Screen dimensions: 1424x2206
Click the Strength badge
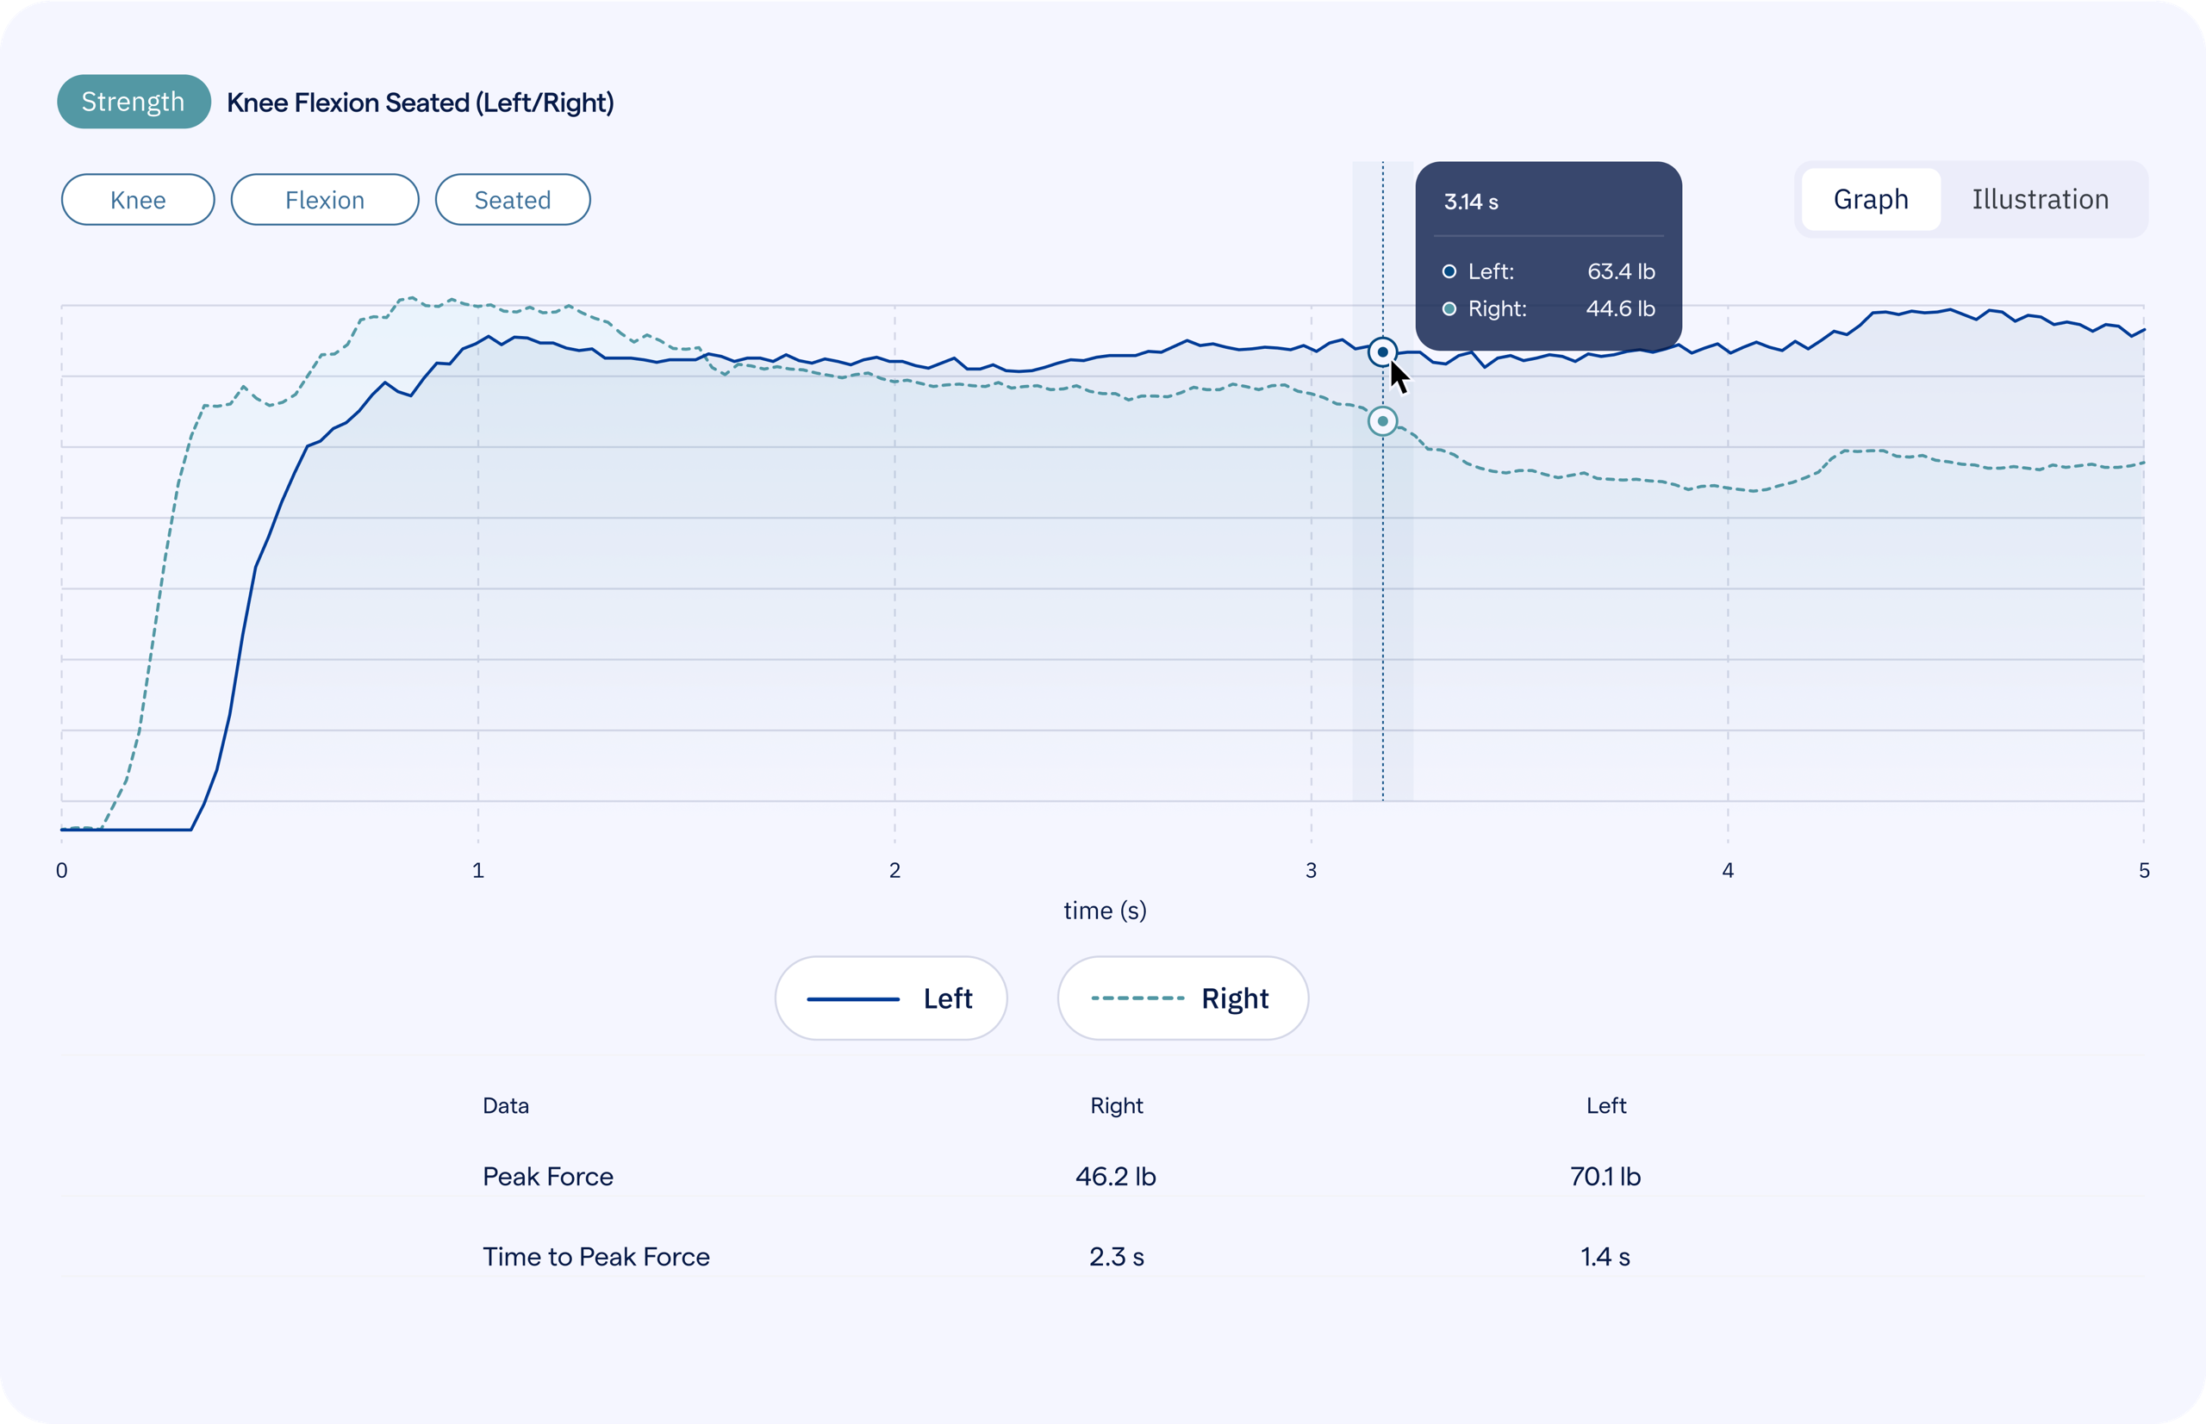[134, 102]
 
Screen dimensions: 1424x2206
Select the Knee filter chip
[138, 200]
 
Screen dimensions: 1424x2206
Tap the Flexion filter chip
[325, 200]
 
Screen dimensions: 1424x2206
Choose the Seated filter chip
[513, 200]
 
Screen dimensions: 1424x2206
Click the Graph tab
[1870, 200]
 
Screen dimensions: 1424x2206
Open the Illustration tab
[2040, 200]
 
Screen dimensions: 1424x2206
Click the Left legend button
[891, 998]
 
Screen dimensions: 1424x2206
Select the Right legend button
[1182, 998]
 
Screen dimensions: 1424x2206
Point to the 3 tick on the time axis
[1311, 870]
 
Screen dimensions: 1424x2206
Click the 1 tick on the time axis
[478, 870]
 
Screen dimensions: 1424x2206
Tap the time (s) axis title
[1105, 911]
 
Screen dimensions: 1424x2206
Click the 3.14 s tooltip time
[1471, 202]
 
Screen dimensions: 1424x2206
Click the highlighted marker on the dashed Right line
[1382, 421]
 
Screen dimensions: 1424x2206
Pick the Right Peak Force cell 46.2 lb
[1115, 1176]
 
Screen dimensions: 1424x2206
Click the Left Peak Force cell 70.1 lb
[1605, 1176]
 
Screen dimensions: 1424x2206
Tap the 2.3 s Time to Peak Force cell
[1117, 1257]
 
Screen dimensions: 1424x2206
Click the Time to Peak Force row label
[595, 1257]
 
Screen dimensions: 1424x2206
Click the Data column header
[506, 1106]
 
